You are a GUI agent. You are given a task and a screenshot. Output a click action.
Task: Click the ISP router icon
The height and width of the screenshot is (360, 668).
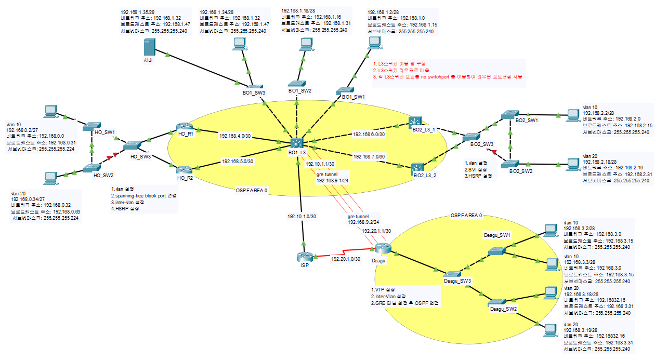(305, 256)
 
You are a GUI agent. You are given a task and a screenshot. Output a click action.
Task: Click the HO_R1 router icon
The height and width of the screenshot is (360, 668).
(184, 127)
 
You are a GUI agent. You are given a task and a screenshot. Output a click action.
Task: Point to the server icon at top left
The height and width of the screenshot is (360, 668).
(149, 48)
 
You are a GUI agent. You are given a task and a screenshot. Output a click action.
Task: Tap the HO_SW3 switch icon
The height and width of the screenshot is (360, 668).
(134, 146)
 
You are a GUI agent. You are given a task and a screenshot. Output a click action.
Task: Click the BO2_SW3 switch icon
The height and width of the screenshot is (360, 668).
(472, 137)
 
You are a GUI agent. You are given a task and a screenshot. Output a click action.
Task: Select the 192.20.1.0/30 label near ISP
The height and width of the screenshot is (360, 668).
(346, 258)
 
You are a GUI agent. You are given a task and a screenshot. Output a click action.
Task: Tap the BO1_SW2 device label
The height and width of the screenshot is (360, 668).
(300, 90)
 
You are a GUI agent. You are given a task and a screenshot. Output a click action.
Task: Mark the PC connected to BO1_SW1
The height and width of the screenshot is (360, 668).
(372, 44)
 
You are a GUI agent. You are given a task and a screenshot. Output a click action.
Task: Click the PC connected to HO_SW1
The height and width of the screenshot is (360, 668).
(50, 111)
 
